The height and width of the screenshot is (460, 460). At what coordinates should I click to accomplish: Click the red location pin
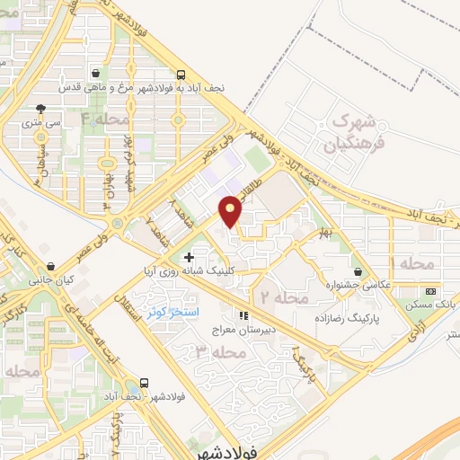(x=231, y=211)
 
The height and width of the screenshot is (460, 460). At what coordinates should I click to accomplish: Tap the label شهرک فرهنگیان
(x=357, y=131)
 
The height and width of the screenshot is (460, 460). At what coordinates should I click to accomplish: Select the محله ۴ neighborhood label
(x=106, y=119)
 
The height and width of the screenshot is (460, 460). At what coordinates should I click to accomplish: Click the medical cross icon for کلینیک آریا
(x=189, y=258)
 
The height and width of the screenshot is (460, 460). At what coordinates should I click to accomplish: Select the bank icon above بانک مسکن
(x=430, y=292)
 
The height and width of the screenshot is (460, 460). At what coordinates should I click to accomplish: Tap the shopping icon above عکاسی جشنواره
(x=358, y=272)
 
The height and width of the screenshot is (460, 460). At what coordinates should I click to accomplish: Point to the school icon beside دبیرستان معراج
(x=242, y=315)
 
